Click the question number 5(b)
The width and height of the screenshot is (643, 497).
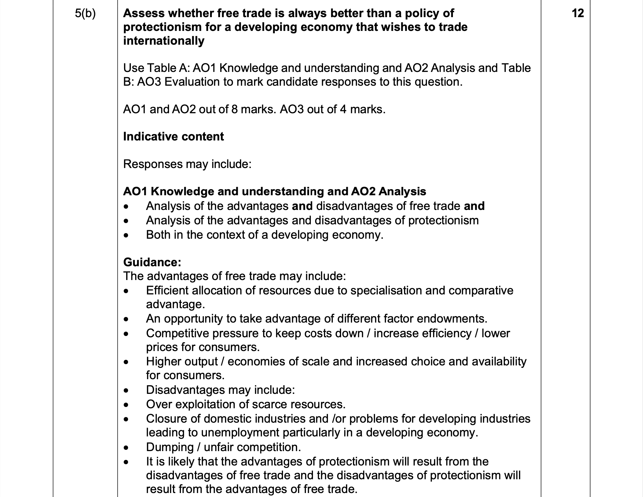[85, 13]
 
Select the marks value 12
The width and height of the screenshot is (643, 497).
[577, 13]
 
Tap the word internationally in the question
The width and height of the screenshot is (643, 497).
[164, 41]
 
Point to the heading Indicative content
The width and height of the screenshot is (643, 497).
[173, 136]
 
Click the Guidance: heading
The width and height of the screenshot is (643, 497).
[152, 262]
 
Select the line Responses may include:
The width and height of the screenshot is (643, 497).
[187, 164]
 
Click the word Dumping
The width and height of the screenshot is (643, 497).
[170, 447]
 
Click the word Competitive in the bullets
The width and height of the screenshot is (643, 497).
[177, 333]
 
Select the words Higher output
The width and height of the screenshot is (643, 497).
[182, 361]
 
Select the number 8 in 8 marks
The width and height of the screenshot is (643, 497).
[234, 109]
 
